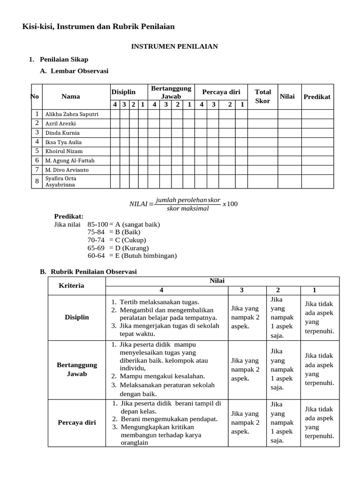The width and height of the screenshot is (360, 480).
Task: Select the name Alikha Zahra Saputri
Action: pos(72,114)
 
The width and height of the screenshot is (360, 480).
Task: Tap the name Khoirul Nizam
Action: pos(64,151)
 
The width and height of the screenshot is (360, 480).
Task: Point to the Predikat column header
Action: pos(317,97)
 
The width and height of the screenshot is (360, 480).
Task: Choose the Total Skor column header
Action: pos(262,96)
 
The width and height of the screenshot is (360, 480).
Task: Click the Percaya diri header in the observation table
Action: pos(221,92)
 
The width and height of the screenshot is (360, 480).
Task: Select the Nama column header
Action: pos(70,97)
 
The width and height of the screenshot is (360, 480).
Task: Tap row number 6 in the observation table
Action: pos(37,160)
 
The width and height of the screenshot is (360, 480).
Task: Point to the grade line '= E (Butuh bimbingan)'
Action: pos(143,255)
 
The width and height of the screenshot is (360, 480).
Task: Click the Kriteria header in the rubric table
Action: pos(72,285)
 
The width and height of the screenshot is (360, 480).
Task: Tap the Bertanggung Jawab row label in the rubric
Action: pos(76,369)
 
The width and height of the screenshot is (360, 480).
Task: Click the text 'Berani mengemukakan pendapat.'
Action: pos(169,419)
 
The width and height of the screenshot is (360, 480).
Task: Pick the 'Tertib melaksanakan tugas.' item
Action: pos(159,302)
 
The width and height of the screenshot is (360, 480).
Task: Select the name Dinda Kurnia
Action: pos(62,133)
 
